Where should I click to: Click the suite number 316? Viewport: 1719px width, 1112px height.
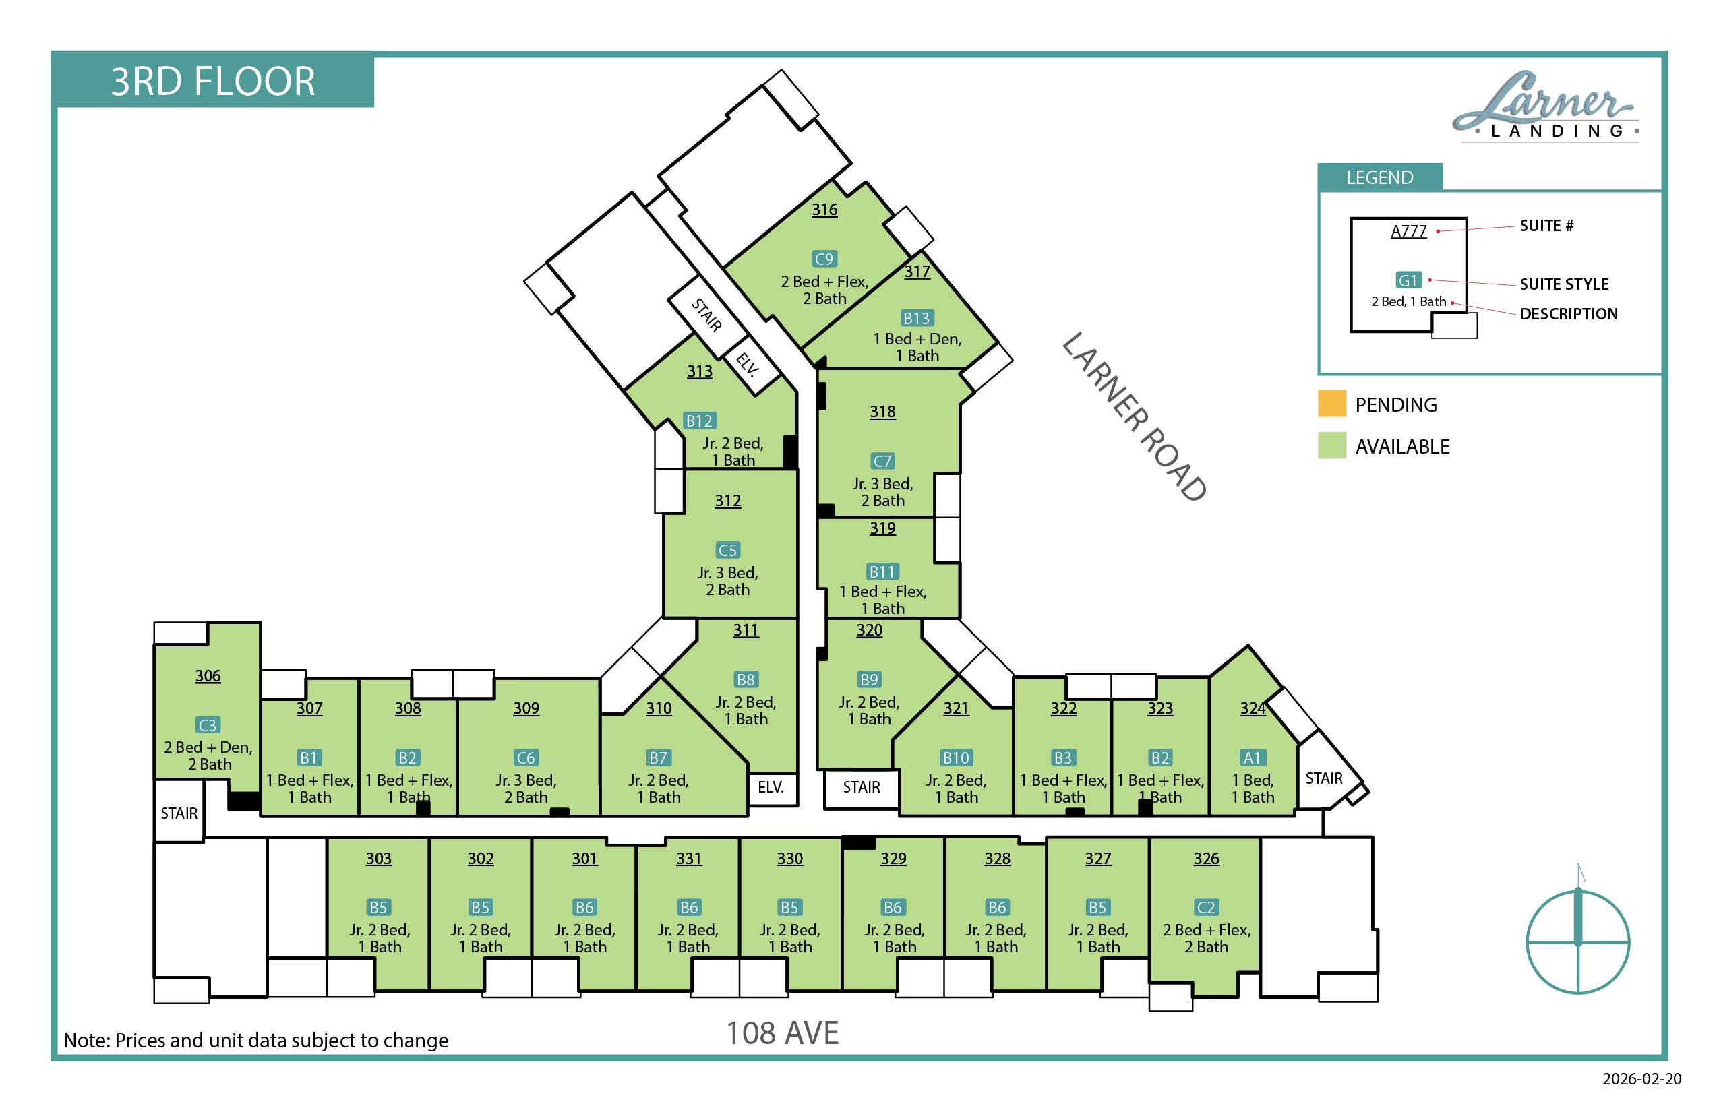click(824, 210)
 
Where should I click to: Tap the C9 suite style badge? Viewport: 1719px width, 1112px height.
click(824, 259)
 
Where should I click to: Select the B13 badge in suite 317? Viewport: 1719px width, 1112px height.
click(917, 317)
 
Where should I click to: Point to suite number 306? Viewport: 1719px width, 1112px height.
click(208, 676)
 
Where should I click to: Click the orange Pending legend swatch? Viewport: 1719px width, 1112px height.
click(1332, 404)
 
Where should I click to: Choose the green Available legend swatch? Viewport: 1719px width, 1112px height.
click(1332, 445)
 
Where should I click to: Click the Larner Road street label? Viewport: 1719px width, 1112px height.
click(1134, 416)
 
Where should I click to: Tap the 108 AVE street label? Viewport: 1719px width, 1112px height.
click(782, 1033)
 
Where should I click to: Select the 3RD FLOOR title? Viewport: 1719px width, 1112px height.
click(213, 81)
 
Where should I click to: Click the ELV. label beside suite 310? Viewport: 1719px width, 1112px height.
click(771, 787)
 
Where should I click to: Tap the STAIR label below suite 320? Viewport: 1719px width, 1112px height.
click(862, 787)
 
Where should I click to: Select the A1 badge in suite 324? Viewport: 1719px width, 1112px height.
click(1253, 758)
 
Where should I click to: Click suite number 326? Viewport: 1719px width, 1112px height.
click(1206, 859)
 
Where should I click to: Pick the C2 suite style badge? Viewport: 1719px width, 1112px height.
click(1206, 907)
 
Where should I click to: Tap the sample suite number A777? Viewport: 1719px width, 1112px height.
click(1409, 231)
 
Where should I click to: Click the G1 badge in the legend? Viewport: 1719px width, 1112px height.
click(1408, 280)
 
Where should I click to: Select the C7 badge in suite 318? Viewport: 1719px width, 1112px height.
click(882, 461)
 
